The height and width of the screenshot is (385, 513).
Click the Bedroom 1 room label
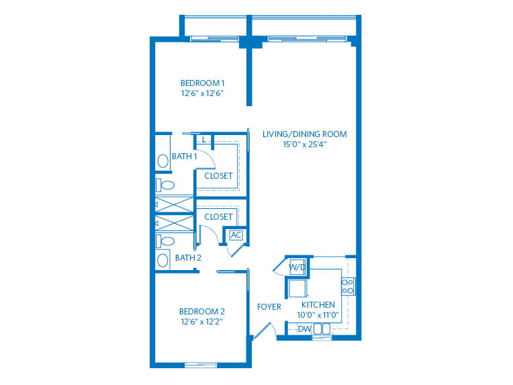click(203, 83)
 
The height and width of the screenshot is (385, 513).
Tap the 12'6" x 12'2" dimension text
click(202, 322)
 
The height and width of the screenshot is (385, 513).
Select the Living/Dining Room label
click(305, 134)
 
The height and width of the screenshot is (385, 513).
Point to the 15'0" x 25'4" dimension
click(305, 144)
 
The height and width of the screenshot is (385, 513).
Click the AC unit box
click(236, 235)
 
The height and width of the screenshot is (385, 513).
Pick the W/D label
click(297, 267)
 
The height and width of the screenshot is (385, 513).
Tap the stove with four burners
click(347, 286)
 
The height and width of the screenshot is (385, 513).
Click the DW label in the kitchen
click(305, 329)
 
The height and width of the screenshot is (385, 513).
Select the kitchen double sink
click(322, 329)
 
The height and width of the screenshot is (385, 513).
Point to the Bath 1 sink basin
click(163, 161)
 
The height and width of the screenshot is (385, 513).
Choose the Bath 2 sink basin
click(162, 260)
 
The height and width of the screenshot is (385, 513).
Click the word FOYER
click(269, 307)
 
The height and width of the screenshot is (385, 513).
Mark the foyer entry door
click(263, 331)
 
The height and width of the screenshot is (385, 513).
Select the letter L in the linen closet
click(204, 140)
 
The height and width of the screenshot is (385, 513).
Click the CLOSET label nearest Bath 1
click(218, 176)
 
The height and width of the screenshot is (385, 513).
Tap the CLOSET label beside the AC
click(218, 217)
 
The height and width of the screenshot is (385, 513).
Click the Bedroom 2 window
click(201, 365)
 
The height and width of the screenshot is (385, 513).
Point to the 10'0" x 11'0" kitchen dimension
click(318, 315)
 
